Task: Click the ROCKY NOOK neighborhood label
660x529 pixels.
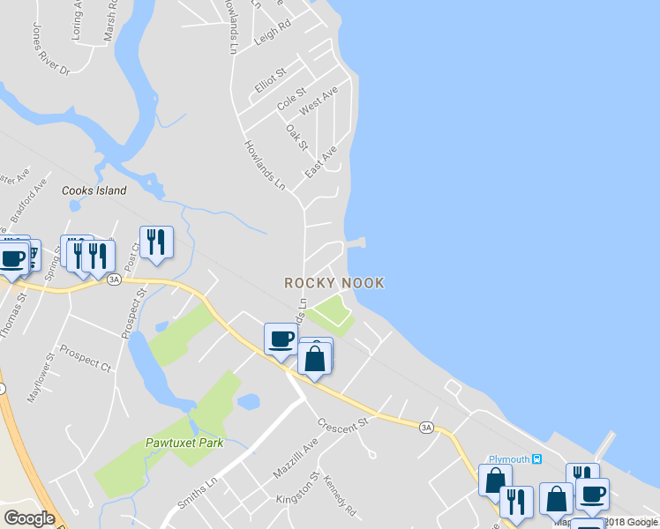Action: tap(334, 283)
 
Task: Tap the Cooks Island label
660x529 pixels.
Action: tap(94, 190)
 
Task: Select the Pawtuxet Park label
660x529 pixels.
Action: tap(184, 443)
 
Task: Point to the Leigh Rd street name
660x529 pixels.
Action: tap(272, 34)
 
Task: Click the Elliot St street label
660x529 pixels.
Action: tap(270, 78)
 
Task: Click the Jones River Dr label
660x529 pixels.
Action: tap(50, 56)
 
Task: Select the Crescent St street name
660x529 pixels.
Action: tap(342, 425)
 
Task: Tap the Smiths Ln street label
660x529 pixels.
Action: tap(197, 494)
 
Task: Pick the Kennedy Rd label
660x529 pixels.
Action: tap(339, 498)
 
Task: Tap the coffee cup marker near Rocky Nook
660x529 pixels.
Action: tap(281, 339)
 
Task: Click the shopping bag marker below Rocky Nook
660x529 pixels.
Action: tap(315, 358)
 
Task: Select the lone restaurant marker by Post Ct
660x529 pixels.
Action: tap(156, 242)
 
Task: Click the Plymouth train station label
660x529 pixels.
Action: tap(513, 459)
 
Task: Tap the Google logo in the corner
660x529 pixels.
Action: tap(29, 518)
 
